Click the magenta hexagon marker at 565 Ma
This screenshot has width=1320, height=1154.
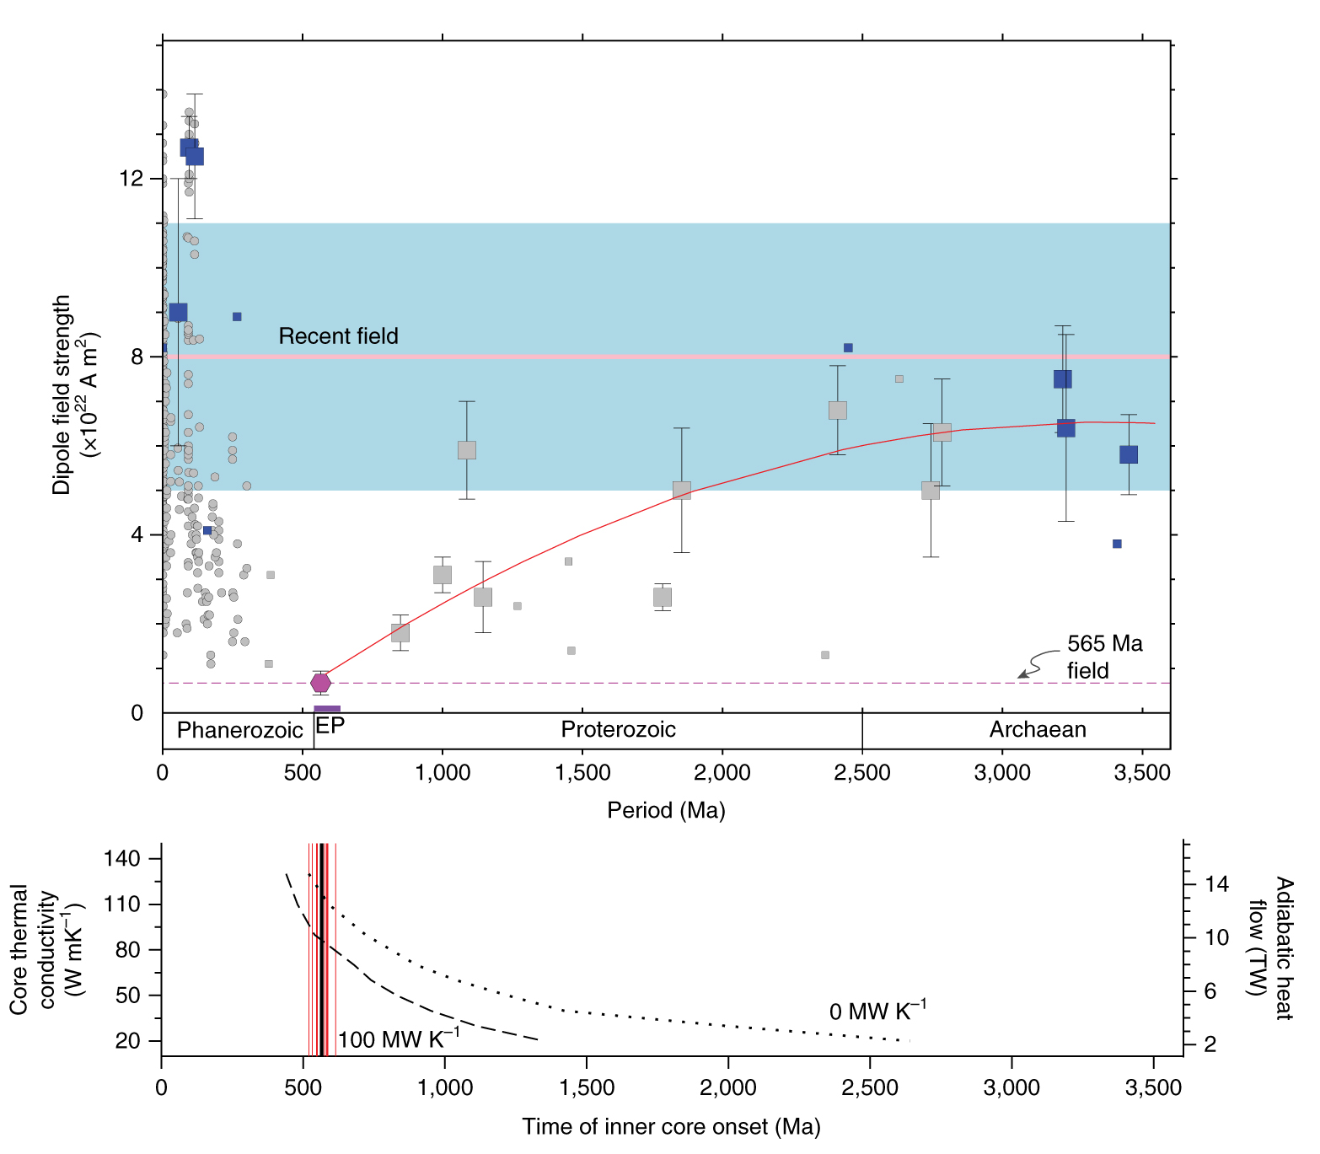click(x=320, y=683)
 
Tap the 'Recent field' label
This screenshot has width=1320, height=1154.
click(x=338, y=336)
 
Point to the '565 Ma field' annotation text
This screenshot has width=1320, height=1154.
click(x=1104, y=657)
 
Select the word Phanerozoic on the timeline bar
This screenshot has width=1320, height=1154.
click(x=239, y=730)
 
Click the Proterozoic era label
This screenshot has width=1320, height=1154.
click(x=618, y=729)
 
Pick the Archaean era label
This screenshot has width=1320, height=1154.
click(x=1037, y=729)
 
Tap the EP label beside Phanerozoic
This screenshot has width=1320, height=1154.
click(x=330, y=726)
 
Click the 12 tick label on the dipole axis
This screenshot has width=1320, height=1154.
click(x=131, y=179)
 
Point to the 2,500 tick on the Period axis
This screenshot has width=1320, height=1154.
click(x=861, y=773)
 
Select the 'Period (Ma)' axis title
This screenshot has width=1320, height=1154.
click(x=666, y=810)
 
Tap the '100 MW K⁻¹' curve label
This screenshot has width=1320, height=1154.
click(x=399, y=1039)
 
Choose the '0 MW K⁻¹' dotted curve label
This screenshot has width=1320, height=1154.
click(x=877, y=1010)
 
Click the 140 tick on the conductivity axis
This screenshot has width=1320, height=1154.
click(x=121, y=858)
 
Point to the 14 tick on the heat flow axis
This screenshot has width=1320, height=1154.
click(x=1216, y=884)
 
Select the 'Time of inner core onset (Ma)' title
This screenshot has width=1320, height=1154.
click(x=671, y=1127)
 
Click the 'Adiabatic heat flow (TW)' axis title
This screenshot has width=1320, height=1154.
click(x=1271, y=948)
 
